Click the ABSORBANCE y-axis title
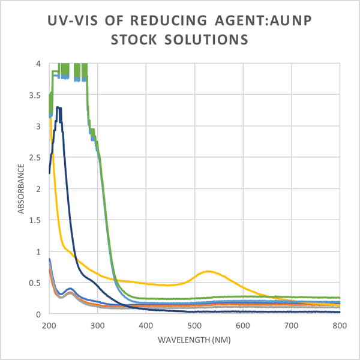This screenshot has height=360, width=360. [21, 188]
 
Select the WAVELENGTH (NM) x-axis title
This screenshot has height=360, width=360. [194, 340]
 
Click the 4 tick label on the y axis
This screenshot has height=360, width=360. [38, 64]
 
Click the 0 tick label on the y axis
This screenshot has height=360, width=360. [38, 314]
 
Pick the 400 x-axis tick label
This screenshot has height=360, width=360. [146, 325]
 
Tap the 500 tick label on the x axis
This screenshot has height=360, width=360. [194, 325]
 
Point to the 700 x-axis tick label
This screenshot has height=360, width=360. [291, 325]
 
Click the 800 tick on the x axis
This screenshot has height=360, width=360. [339, 325]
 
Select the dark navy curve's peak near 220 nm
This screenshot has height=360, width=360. [58, 107]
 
